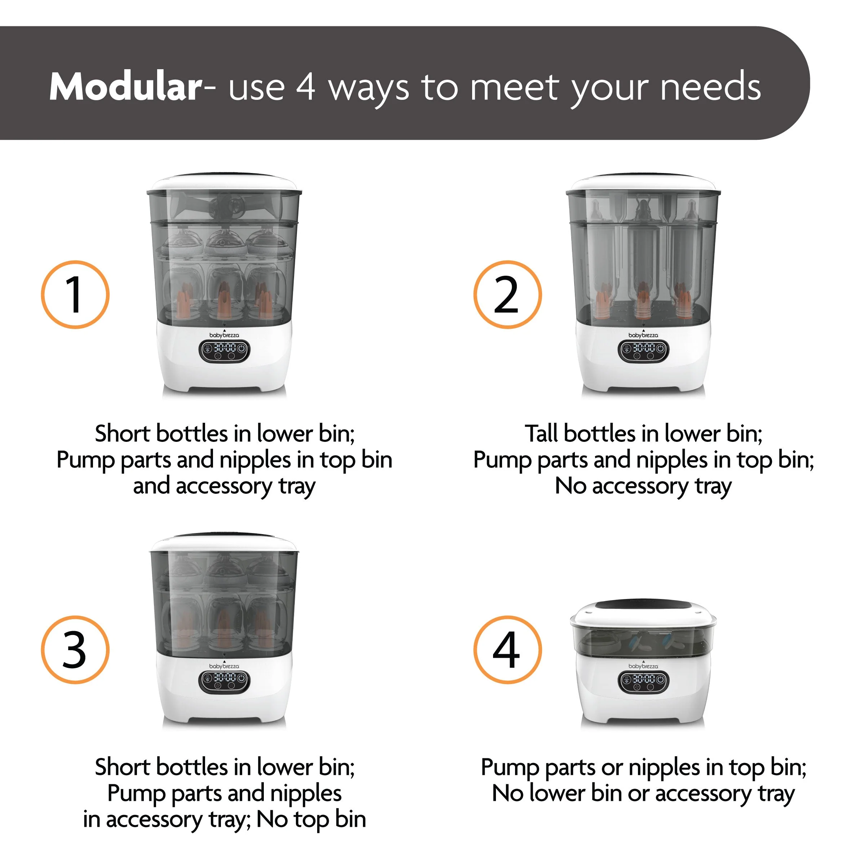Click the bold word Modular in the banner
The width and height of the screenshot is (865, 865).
pyautogui.click(x=126, y=87)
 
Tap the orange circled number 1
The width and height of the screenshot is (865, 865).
pyautogui.click(x=75, y=295)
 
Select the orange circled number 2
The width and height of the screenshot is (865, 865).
pyautogui.click(x=507, y=295)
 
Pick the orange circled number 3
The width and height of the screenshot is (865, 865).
pyautogui.click(x=75, y=650)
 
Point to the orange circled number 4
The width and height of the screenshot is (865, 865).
pyautogui.click(x=507, y=650)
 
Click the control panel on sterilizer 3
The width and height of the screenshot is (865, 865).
pyautogui.click(x=224, y=681)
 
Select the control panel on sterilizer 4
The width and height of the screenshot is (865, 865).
pyautogui.click(x=643, y=681)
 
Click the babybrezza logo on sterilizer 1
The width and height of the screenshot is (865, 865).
pyautogui.click(x=224, y=335)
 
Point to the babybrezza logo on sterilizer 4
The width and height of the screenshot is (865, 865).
pyautogui.click(x=643, y=666)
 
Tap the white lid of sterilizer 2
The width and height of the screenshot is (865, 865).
pyautogui.click(x=643, y=183)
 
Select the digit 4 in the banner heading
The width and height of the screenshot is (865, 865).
pyautogui.click(x=305, y=87)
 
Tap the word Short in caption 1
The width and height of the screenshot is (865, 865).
pyautogui.click(x=123, y=434)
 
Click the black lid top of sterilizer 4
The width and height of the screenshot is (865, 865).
pyautogui.click(x=643, y=605)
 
